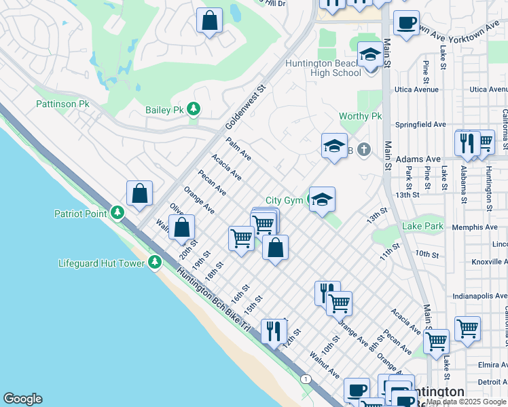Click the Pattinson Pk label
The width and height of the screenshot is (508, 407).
click(62, 104)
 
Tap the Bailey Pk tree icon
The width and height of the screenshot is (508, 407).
click(194, 109)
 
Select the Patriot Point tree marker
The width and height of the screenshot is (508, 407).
click(117, 213)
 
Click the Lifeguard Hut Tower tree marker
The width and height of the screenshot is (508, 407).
click(155, 262)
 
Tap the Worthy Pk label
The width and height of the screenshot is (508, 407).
click(361, 117)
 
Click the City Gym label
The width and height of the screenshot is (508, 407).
click(284, 200)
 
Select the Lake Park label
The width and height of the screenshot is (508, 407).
click(422, 225)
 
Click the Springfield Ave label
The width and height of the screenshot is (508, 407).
click(421, 125)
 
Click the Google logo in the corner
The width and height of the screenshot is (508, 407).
click(22, 399)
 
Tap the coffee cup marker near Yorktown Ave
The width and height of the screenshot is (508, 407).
click(406, 23)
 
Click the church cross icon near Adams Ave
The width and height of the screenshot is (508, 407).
click(364, 149)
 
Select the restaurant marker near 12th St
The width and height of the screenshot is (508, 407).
click(274, 331)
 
